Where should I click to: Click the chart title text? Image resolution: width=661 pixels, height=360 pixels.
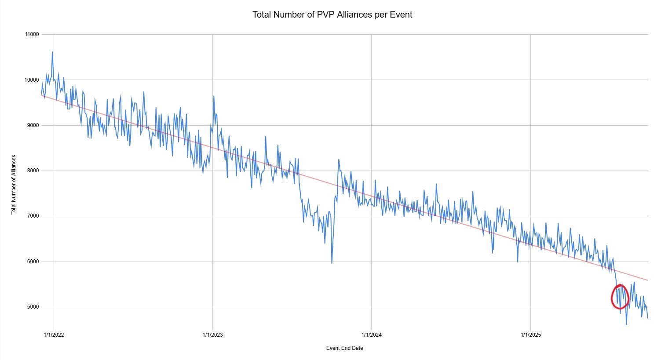(x=332, y=15)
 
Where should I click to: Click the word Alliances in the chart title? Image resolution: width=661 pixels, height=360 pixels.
(x=361, y=15)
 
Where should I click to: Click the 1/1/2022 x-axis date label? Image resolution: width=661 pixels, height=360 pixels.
(x=54, y=335)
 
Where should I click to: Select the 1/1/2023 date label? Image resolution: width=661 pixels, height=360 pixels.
(x=212, y=335)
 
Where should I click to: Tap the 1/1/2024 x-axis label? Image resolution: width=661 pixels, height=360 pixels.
(x=371, y=335)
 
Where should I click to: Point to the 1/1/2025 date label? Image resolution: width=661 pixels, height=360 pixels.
(x=530, y=335)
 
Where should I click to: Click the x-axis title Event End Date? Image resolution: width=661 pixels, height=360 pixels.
(x=344, y=348)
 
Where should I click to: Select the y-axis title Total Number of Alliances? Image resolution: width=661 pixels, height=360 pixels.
(x=14, y=185)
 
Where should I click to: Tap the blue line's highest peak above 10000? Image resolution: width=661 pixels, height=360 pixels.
(x=52, y=52)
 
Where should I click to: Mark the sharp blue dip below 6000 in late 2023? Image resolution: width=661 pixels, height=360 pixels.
(x=332, y=263)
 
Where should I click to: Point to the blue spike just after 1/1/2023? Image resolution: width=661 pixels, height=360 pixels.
(x=214, y=96)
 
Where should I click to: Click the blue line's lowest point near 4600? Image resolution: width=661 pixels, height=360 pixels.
(x=626, y=324)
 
